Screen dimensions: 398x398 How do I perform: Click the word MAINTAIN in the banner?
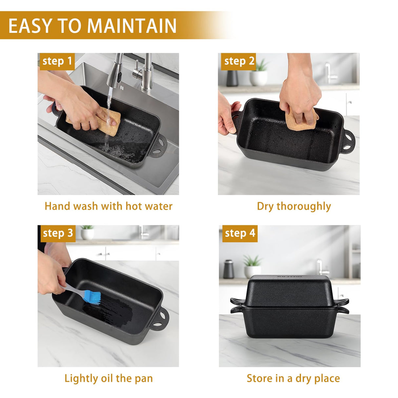point(131,26)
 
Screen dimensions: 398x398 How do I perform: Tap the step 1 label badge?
point(57,62)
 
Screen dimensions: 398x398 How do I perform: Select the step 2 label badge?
point(238,62)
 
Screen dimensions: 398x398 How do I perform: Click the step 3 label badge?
point(58,234)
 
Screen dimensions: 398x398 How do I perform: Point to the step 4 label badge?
point(240,234)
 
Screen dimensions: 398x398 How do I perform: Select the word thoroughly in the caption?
point(304,207)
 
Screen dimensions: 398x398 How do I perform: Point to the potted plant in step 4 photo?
point(252,266)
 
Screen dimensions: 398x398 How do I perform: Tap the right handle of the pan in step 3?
point(159,319)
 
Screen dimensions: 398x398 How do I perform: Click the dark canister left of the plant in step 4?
point(229,269)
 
